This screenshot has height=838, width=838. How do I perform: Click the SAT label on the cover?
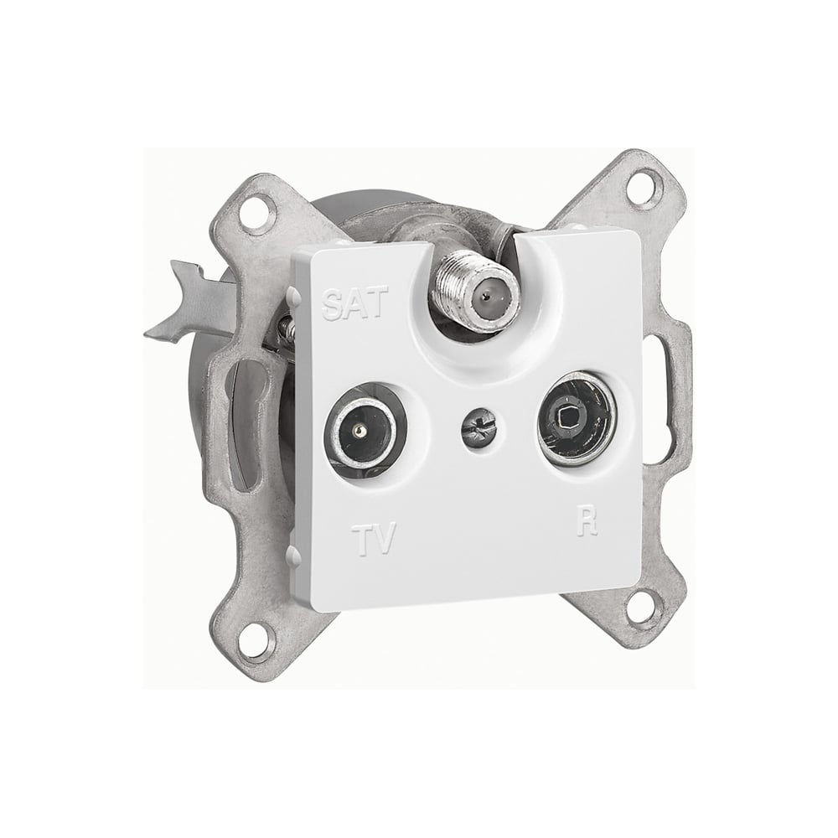coord(354,303)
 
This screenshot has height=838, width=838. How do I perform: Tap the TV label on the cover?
coord(374,538)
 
